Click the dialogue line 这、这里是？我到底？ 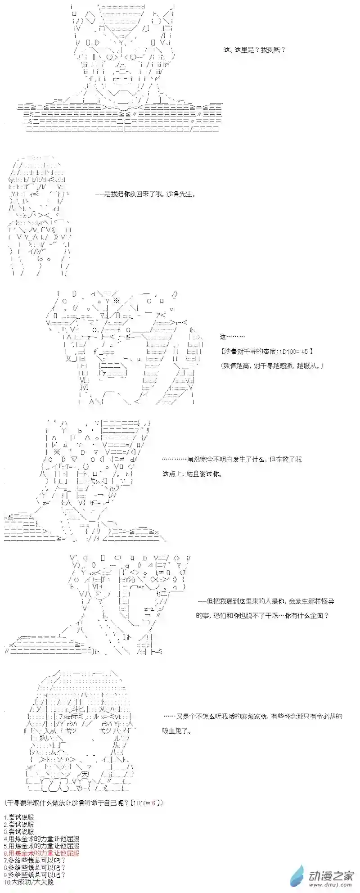tap(254, 50)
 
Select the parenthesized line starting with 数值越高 tap(272, 366)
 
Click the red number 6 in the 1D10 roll tap(153, 803)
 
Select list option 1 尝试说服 tap(18, 817)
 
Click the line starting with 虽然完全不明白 tap(231, 460)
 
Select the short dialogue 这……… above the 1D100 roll tap(232, 337)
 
